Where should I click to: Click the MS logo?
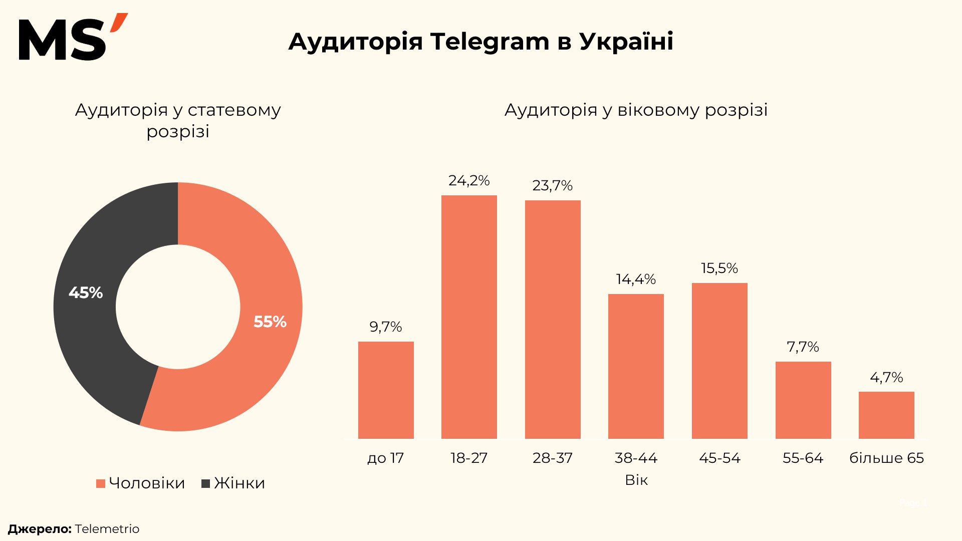[73, 38]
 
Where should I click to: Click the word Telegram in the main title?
[490, 42]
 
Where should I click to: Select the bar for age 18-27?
[469, 317]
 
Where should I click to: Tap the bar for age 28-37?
[553, 320]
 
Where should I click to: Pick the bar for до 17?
[386, 390]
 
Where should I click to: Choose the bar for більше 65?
[886, 415]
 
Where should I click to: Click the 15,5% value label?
[719, 268]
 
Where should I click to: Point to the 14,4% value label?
[636, 279]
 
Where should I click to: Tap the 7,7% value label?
[803, 347]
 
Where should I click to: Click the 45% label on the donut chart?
[86, 293]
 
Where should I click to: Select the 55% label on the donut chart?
[270, 322]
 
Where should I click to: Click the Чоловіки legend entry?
[141, 483]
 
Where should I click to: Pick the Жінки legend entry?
[233, 483]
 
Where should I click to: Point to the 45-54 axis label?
[719, 458]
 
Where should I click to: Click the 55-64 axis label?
[803, 458]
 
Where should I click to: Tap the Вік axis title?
[636, 480]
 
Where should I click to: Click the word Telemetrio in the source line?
[107, 529]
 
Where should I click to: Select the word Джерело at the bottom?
[40, 529]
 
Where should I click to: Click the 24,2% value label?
[469, 180]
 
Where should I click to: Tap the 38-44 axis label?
[636, 458]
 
